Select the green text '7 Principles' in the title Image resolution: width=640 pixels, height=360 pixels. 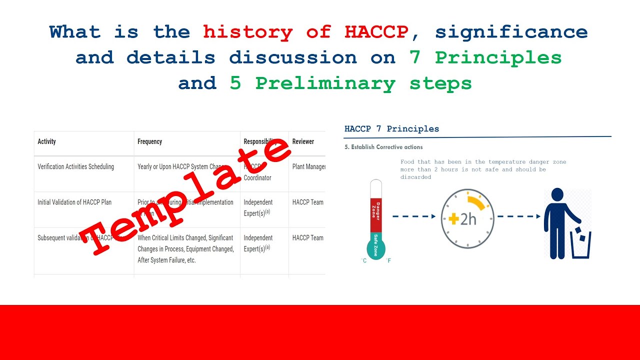pyautogui.click(x=485, y=57)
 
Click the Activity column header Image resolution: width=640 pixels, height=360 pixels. pyautogui.click(x=46, y=141)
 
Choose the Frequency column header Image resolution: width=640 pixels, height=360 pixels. pyautogui.click(x=149, y=141)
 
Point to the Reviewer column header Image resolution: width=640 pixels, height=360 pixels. pyautogui.click(x=303, y=141)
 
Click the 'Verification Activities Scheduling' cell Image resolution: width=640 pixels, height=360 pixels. pyautogui.click(x=75, y=166)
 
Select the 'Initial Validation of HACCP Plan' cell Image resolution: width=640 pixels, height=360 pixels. pyautogui.click(x=74, y=202)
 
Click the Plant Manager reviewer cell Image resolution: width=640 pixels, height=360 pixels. pyautogui.click(x=308, y=166)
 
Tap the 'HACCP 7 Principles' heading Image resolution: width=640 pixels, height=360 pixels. pyautogui.click(x=391, y=128)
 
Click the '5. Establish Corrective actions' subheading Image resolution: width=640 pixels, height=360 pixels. pyautogui.click(x=383, y=147)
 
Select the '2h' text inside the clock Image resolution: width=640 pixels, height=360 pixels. pyautogui.click(x=468, y=219)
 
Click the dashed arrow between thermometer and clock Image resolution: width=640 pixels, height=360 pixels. pyautogui.click(x=413, y=216)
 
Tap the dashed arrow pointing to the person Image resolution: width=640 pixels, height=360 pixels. pyautogui.click(x=518, y=216)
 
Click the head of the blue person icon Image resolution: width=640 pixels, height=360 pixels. pyautogui.click(x=557, y=194)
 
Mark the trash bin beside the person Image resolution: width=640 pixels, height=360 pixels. pyautogui.click(x=580, y=244)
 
